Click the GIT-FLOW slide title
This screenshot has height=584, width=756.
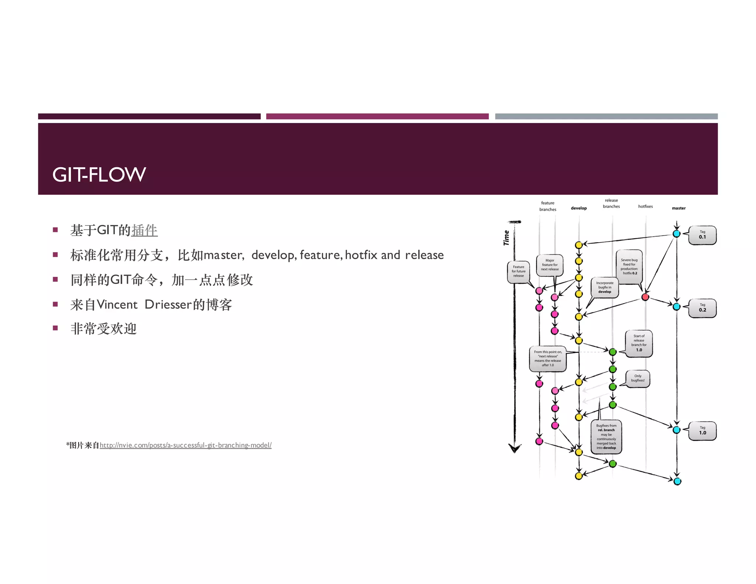(99, 175)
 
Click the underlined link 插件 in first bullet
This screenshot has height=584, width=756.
(144, 230)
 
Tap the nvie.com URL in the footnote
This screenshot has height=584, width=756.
(185, 445)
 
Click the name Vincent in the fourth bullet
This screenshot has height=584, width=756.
(117, 305)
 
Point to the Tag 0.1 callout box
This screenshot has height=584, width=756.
(702, 235)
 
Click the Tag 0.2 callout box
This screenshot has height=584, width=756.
(702, 308)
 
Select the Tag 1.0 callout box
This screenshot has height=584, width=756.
(702, 431)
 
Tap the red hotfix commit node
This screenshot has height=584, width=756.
(645, 297)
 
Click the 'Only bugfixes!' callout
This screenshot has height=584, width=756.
(638, 378)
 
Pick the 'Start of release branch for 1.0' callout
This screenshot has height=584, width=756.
(639, 343)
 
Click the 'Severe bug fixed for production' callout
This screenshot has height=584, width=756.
(629, 267)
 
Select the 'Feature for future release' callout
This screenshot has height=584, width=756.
(518, 272)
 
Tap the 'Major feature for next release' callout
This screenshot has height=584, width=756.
(550, 265)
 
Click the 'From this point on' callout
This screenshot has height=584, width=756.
(548, 358)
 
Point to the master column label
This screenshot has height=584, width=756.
(678, 208)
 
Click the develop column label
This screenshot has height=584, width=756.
(578, 208)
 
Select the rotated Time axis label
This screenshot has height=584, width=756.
(506, 238)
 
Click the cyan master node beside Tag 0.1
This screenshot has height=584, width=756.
(676, 234)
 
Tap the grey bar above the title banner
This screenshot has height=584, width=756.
(606, 116)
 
